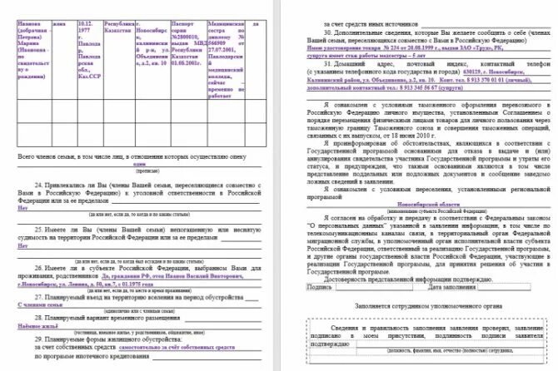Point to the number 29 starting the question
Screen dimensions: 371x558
tap(40, 328)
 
